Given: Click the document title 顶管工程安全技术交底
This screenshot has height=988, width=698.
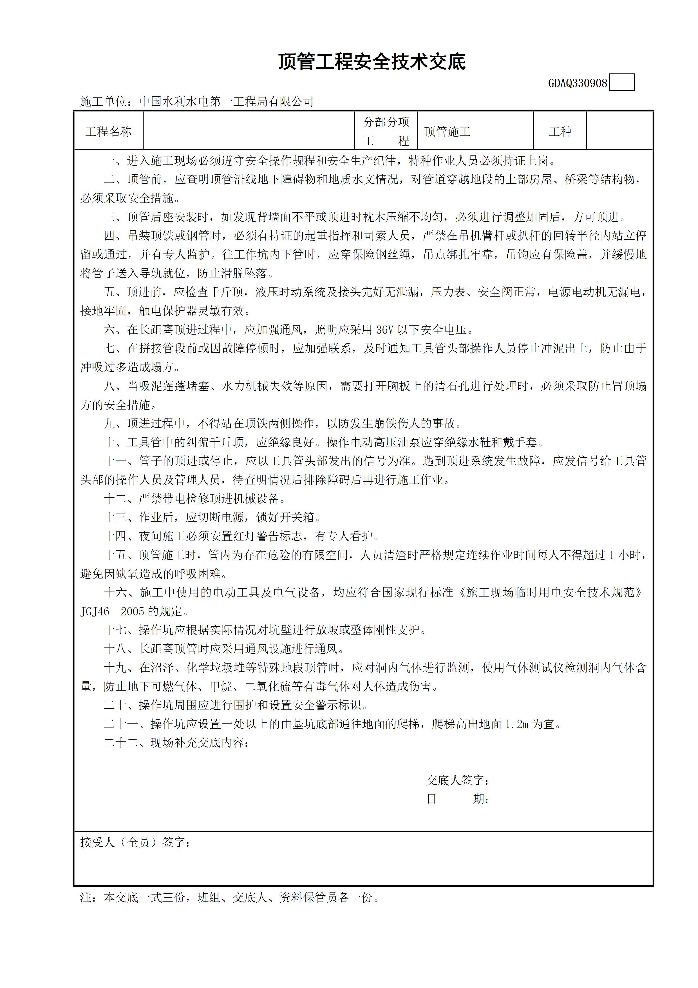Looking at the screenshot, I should coord(372,62).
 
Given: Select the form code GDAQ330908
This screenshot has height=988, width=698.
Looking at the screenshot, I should coord(577,83).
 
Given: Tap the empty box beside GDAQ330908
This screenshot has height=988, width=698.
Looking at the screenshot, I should coord(622,83).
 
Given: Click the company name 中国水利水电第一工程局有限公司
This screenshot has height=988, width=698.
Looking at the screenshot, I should coord(227,102).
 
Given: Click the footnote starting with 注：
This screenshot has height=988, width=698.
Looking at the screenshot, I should coord(230,898).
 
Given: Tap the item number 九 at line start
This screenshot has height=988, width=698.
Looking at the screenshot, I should coord(109,424).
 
